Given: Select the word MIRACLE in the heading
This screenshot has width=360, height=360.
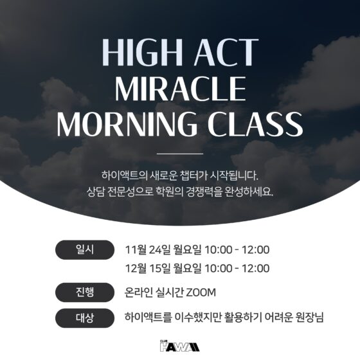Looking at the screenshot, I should [x=179, y=89].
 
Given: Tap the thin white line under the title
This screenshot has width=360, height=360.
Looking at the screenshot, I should [x=179, y=154].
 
